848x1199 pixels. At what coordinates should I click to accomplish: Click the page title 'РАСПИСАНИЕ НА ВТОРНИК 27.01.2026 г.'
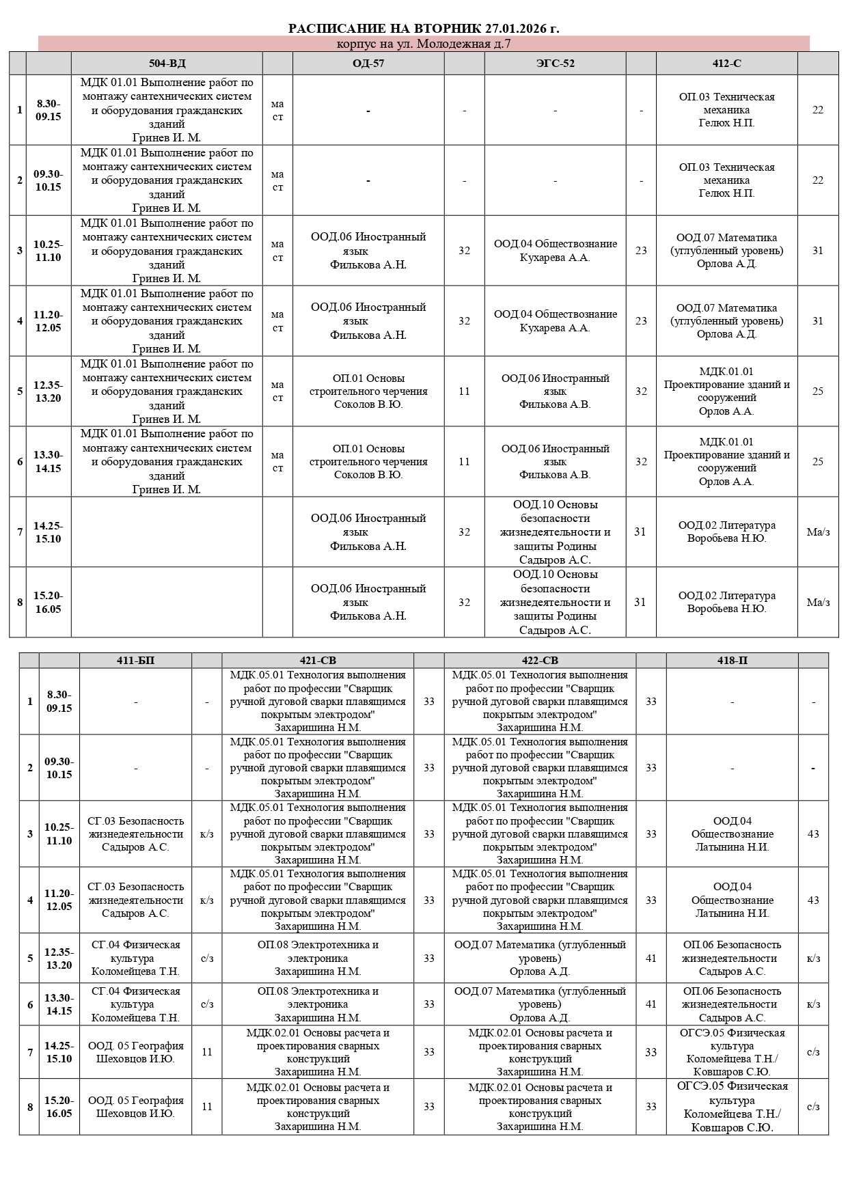[424, 28]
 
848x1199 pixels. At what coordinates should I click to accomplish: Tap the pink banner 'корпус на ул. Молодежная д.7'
[424, 44]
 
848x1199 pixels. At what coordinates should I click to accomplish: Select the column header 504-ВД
[167, 64]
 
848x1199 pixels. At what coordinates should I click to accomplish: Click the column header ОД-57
[368, 64]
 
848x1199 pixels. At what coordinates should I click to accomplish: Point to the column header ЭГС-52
[555, 64]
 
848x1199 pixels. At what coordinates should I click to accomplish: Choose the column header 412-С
[726, 64]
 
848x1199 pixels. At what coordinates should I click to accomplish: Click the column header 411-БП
[135, 661]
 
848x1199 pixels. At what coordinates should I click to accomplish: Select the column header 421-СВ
[318, 661]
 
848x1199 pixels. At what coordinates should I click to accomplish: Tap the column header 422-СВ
[540, 661]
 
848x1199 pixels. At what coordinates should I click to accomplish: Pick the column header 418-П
[732, 661]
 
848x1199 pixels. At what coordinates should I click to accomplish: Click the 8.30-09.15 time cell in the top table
[49, 110]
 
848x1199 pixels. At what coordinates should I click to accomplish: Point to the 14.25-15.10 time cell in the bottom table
[59, 1052]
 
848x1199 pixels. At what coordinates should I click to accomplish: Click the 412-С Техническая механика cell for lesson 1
[726, 110]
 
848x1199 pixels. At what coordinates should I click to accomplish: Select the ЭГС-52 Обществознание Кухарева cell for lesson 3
[555, 251]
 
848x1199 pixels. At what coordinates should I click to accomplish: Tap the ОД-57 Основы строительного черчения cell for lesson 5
[368, 391]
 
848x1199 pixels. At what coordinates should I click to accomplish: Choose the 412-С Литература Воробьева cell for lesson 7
[726, 532]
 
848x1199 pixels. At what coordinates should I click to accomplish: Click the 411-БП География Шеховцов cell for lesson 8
[135, 1107]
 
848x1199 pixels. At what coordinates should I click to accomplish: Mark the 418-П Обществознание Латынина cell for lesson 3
[732, 834]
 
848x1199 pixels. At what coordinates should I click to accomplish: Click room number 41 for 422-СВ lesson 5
[651, 958]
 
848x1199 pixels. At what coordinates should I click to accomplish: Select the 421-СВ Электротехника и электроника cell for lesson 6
[318, 1004]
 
